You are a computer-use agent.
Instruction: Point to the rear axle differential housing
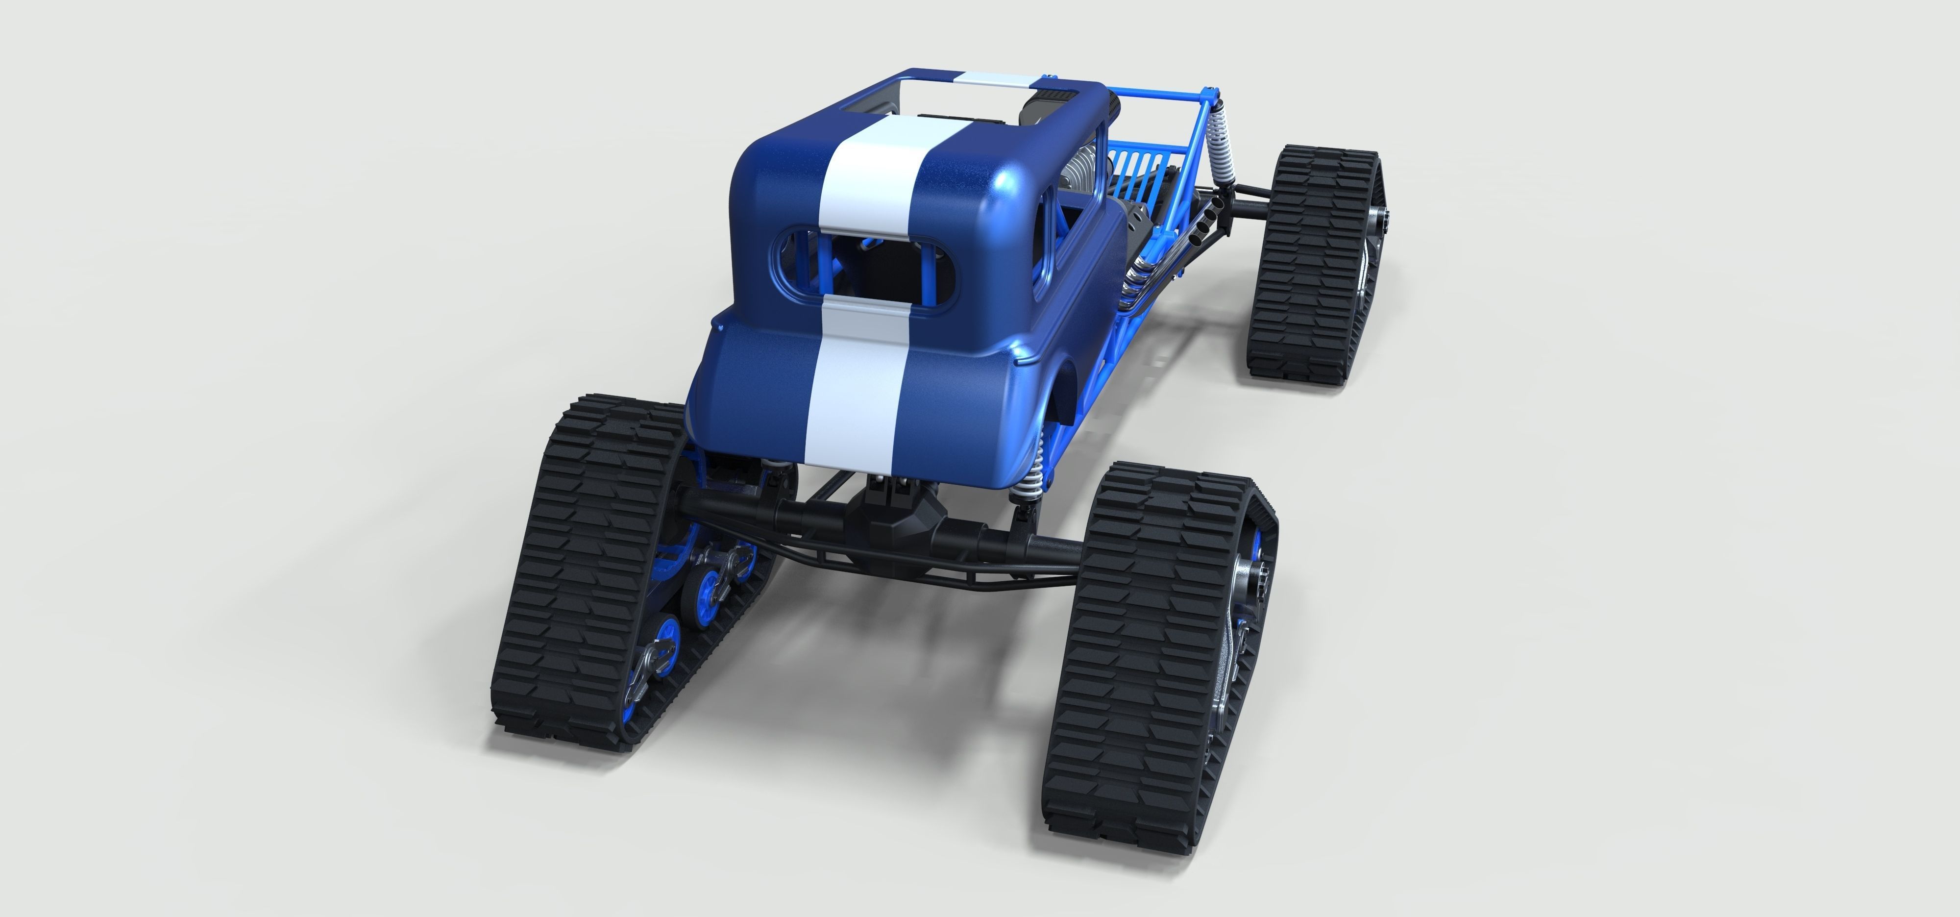coord(902,525)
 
